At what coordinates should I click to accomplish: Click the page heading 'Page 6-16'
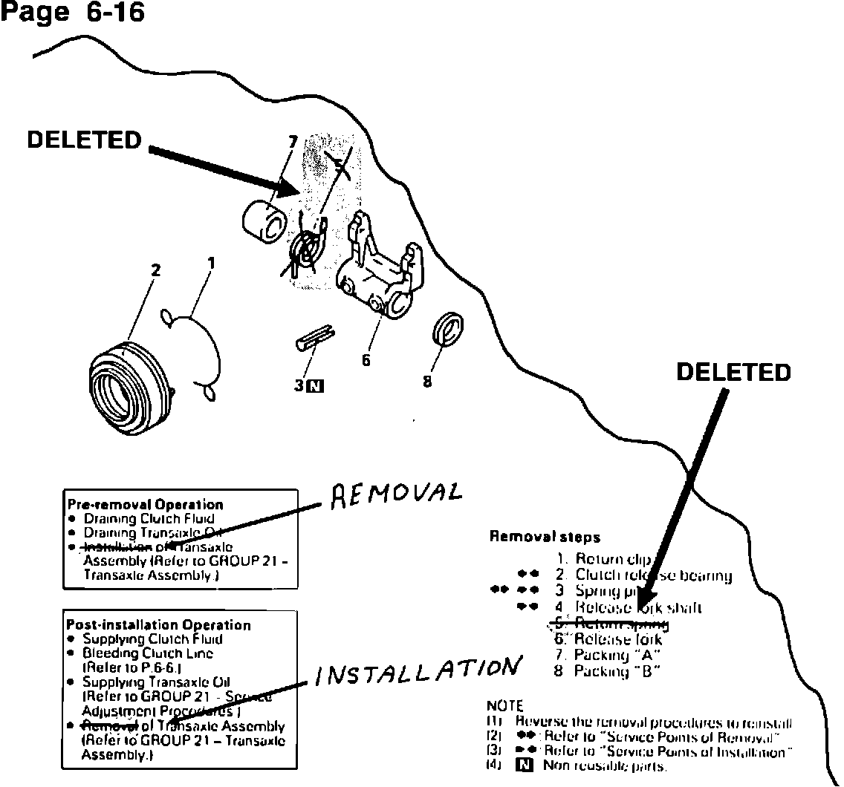tap(73, 13)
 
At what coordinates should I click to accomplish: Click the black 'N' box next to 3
tap(316, 385)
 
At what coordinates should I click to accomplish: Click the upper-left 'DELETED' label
tap(84, 140)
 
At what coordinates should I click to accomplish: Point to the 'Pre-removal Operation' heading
tap(145, 505)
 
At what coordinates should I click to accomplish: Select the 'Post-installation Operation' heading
tap(158, 625)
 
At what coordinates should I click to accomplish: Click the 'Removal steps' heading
tap(545, 537)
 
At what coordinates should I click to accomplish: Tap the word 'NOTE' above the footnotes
tap(504, 706)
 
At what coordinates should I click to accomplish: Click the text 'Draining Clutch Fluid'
tap(149, 518)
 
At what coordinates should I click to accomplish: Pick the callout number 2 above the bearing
tap(155, 270)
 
